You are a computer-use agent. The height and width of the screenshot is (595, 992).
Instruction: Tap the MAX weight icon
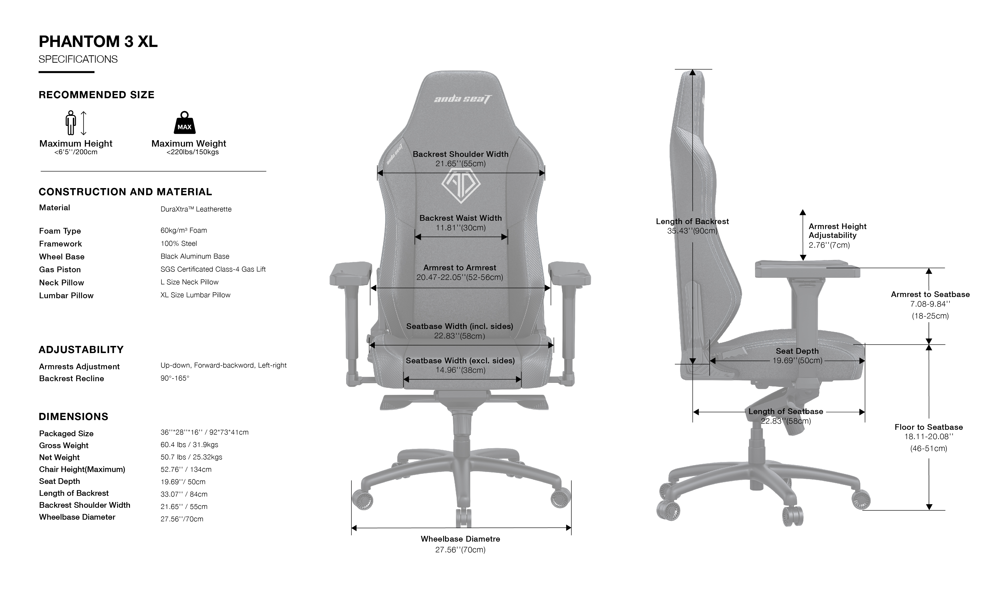coord(184,123)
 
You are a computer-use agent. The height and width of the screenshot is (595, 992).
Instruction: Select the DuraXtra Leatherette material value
coord(196,209)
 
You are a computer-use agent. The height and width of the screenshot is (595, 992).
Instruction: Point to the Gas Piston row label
coord(60,269)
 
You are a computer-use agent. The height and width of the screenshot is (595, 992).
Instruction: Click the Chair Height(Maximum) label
coord(82,469)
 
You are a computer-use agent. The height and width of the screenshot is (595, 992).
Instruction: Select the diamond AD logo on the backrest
coord(461,186)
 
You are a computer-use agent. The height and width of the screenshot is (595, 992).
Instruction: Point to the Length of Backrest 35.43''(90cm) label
coord(692,226)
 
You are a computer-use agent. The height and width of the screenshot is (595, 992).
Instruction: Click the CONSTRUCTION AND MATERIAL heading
coord(125,192)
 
